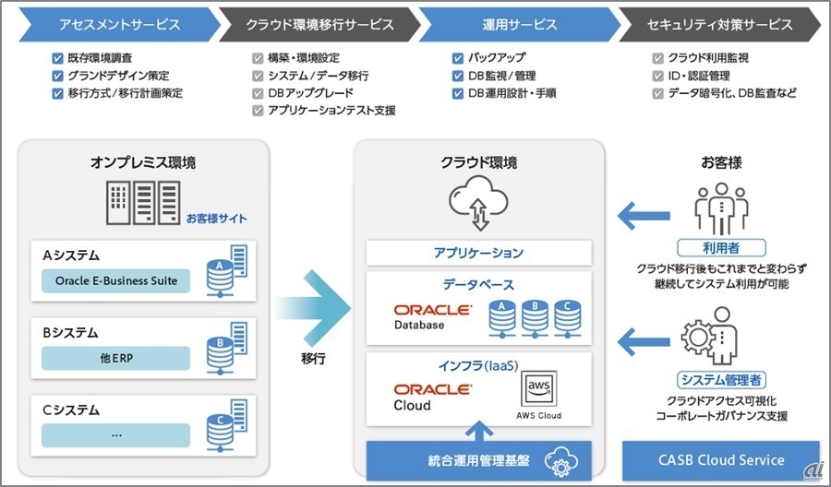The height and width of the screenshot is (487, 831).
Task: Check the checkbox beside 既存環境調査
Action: (x=58, y=58)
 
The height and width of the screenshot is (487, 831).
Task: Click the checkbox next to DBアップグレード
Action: (x=259, y=93)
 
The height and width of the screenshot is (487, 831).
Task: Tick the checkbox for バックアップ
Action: (x=458, y=58)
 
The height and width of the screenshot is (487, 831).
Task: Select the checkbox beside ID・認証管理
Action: (x=658, y=76)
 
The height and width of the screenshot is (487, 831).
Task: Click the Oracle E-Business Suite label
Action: (x=116, y=280)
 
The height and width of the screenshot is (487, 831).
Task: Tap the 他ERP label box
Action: (x=116, y=357)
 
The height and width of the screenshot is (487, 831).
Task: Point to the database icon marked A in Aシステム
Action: (x=220, y=267)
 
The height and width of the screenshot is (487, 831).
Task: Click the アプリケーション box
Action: (x=478, y=253)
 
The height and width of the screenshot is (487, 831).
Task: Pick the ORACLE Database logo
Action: (x=431, y=316)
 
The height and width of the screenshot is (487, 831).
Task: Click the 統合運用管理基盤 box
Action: (x=478, y=459)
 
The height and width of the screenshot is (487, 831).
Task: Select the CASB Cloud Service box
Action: (x=722, y=459)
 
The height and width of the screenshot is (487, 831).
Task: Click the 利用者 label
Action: (x=722, y=248)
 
